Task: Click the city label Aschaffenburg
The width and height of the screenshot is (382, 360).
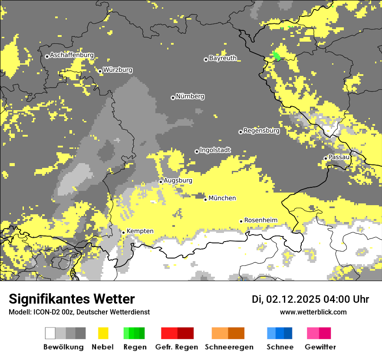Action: (72, 56)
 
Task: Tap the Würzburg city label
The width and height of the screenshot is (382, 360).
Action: (118, 70)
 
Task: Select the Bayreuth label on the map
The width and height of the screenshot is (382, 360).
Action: (223, 58)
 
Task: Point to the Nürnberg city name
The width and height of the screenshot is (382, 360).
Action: (190, 96)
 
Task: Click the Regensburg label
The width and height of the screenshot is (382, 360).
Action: (261, 131)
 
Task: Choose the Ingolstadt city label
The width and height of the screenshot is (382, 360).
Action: (215, 150)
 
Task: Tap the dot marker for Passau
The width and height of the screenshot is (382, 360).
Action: (326, 158)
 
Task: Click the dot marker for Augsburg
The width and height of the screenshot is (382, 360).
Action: (161, 182)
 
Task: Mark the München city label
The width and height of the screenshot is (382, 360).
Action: (222, 198)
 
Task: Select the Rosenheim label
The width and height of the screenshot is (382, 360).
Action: (260, 220)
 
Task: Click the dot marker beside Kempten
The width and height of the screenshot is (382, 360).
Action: (123, 232)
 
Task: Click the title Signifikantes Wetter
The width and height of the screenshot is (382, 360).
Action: (72, 299)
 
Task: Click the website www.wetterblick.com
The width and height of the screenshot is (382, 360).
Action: (313, 312)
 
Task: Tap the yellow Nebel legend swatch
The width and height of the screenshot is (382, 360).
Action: (103, 333)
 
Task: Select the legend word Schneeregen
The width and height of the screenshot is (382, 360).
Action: (229, 347)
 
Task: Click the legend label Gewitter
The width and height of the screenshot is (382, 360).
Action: (320, 347)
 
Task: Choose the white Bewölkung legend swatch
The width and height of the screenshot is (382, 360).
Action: (50, 333)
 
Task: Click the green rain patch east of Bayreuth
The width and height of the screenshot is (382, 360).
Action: (276, 56)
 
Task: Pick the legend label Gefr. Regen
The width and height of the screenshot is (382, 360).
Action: (177, 347)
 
